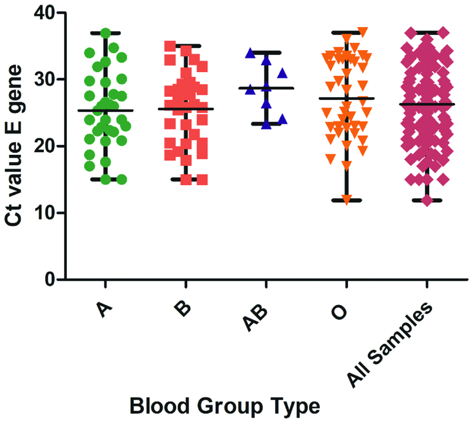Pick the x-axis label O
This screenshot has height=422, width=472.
click(x=342, y=311)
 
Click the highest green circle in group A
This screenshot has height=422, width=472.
click(x=106, y=33)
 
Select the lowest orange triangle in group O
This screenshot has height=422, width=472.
click(x=347, y=199)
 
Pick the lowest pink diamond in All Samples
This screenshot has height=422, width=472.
click(x=426, y=201)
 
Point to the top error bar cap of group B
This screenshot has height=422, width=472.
click(x=186, y=46)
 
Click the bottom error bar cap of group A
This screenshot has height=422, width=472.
click(x=106, y=179)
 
